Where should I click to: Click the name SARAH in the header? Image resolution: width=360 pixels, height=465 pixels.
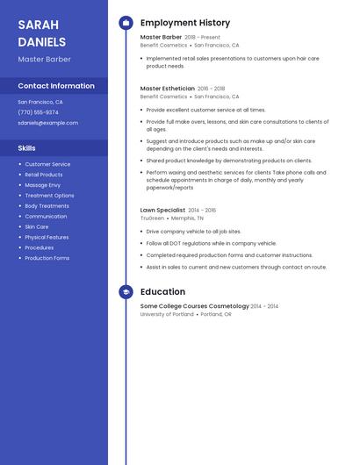point(38,24)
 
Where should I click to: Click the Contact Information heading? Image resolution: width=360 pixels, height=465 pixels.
point(56,86)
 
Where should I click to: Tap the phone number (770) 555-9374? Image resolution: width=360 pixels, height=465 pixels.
point(38,112)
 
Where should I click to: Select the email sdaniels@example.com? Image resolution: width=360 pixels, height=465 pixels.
point(47,123)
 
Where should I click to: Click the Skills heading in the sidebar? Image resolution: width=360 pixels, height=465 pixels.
point(26,148)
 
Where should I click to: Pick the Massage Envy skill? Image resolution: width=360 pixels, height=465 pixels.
point(42,185)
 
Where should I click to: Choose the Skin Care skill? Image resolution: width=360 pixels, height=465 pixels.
point(37,226)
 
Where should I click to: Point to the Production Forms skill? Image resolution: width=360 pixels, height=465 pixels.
point(47,258)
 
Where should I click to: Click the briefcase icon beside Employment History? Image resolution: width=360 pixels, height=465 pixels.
point(126,23)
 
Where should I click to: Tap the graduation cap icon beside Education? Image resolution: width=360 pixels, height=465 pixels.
point(126,292)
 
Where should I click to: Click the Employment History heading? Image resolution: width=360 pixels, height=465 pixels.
point(185,23)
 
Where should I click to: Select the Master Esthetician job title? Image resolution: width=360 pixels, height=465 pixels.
point(167,89)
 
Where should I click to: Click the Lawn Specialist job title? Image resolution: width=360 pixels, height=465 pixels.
point(162,211)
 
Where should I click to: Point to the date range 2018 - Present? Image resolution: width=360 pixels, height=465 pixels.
point(202,38)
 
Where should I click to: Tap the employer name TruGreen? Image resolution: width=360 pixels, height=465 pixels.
point(152,218)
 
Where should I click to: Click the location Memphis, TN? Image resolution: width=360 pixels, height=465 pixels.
point(187,218)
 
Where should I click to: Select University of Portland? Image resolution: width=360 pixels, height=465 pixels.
point(167,313)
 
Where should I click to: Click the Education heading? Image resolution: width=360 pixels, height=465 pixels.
point(162,292)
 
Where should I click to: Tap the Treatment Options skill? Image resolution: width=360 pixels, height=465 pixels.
point(49,196)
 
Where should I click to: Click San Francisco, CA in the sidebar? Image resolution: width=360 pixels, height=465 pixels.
point(40,102)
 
